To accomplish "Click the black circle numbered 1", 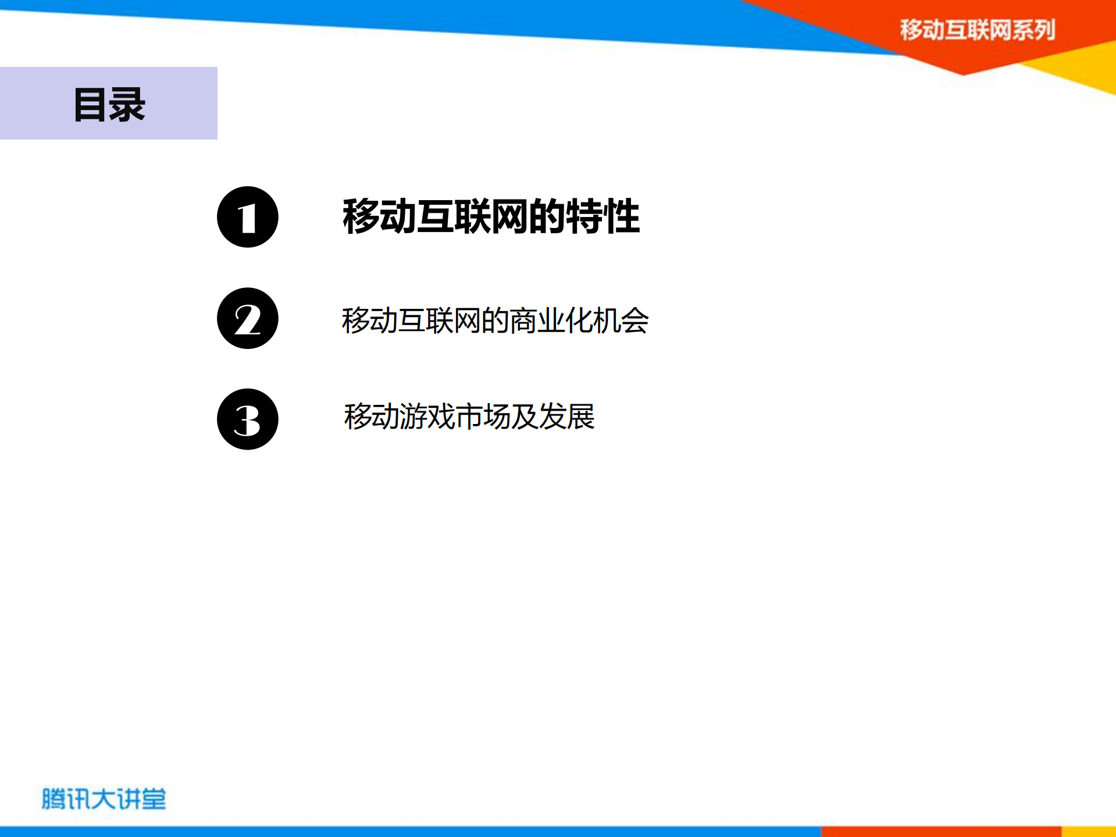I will pos(247,217).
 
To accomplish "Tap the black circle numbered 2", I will pos(247,318).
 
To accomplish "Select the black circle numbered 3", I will pos(247,419).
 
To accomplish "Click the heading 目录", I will pos(109,105).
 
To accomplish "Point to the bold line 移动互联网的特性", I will pos(491,216).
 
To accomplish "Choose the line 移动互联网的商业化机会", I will pos(495,320).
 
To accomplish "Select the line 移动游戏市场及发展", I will pos(469,416).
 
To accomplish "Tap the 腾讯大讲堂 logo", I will pos(104,799).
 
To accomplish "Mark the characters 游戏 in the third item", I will pos(427,416).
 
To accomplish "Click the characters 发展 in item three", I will pos(566,416).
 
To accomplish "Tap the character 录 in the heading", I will pos(127,105).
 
